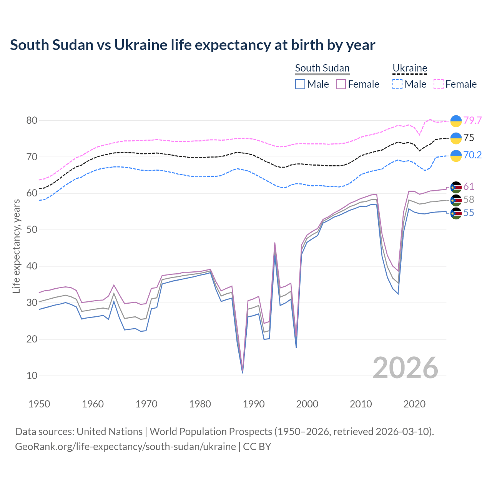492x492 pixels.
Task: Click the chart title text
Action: click(x=192, y=45)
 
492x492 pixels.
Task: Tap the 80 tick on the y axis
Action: click(x=32, y=120)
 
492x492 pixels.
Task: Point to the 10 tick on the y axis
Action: click(x=32, y=376)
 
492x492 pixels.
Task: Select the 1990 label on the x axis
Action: click(x=254, y=404)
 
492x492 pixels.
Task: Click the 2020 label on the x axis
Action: click(x=415, y=404)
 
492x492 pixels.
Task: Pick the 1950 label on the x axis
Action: click(x=39, y=404)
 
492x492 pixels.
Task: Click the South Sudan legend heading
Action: click(x=322, y=68)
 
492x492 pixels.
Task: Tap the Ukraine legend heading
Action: click(x=410, y=68)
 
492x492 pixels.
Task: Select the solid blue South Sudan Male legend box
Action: click(x=300, y=84)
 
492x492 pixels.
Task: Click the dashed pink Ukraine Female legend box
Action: click(x=439, y=84)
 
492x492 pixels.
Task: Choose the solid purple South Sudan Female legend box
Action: click(x=341, y=84)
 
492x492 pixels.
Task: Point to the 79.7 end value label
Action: click(x=472, y=120)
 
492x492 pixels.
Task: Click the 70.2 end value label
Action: click(x=472, y=155)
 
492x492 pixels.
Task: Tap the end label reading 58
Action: click(x=469, y=199)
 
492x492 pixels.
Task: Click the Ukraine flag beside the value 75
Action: click(x=456, y=138)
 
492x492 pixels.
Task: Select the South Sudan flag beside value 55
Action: click(x=456, y=213)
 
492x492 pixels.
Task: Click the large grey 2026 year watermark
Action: click(x=406, y=368)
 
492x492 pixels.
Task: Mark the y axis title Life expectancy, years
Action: click(x=16, y=246)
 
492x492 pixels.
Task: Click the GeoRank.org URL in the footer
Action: click(x=125, y=447)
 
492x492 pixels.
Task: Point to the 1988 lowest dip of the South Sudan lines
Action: click(x=243, y=371)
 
